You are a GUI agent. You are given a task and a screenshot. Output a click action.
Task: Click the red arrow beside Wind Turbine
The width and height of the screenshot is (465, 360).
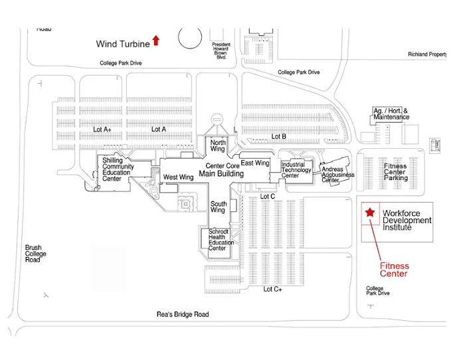point(156,41)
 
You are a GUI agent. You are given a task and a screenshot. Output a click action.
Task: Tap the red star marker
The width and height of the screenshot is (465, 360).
point(369,213)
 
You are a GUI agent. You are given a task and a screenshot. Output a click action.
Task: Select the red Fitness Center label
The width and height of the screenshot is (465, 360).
point(394,270)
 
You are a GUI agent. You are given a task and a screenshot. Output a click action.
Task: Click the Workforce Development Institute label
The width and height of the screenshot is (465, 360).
point(407,221)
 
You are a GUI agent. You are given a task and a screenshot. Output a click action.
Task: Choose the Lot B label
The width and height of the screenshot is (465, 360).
point(278,136)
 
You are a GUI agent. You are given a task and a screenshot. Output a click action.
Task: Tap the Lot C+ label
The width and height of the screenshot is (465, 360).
point(273,289)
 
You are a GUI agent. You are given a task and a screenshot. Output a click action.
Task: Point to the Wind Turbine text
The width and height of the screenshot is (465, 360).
point(123,45)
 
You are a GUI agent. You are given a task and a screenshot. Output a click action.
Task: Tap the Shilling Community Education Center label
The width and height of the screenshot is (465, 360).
point(118,169)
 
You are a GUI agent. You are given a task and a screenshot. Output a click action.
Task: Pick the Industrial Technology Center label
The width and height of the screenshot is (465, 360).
point(296,169)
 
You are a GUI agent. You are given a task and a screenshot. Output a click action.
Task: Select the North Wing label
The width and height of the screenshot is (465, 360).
point(218,146)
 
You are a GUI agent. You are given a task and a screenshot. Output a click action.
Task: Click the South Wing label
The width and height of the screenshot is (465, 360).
point(219,207)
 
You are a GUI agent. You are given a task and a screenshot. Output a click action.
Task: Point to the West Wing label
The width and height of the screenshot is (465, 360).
point(178,177)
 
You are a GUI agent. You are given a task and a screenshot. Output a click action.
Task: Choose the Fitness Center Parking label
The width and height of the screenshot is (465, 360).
point(396,172)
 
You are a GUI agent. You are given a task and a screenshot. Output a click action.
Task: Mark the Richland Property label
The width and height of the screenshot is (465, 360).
point(427,54)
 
